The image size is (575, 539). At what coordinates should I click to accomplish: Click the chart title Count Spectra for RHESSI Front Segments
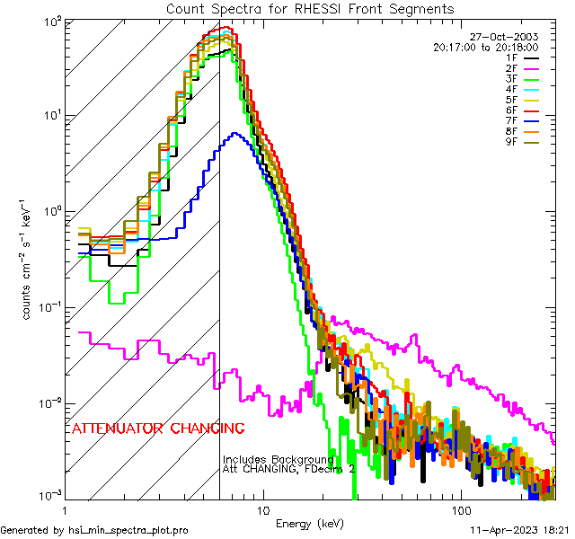(310, 8)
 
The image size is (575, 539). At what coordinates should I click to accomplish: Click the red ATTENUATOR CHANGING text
(157, 428)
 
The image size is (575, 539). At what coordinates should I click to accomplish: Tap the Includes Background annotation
(279, 459)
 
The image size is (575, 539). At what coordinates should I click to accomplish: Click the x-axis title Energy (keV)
(310, 523)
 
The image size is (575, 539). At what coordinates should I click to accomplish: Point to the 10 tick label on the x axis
(263, 508)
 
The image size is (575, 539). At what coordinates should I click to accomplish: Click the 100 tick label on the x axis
(460, 508)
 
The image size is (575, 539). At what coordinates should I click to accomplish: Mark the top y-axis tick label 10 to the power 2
(49, 21)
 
